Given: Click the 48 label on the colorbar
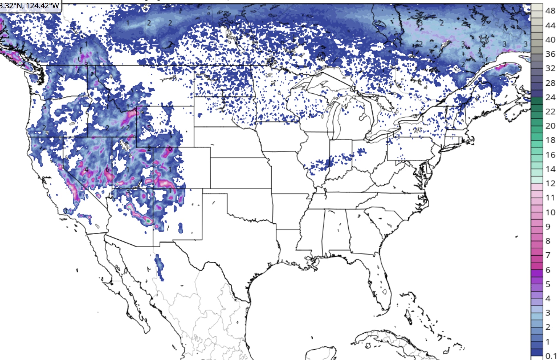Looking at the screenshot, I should point(550,11).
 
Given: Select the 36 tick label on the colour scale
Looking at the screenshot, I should point(550,54).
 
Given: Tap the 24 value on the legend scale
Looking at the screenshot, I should point(550,97).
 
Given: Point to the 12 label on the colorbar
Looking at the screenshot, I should point(550,183).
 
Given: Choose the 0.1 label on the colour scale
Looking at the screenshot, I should point(551,356).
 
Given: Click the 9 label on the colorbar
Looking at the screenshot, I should point(548,227).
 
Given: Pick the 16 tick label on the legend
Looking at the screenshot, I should point(550,155).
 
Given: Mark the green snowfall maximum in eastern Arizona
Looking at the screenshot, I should point(148,221).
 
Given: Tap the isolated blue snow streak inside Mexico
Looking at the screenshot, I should point(159,267).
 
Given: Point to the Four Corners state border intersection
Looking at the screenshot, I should point(153,188).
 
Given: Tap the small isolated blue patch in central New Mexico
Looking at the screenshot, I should point(181,227).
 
